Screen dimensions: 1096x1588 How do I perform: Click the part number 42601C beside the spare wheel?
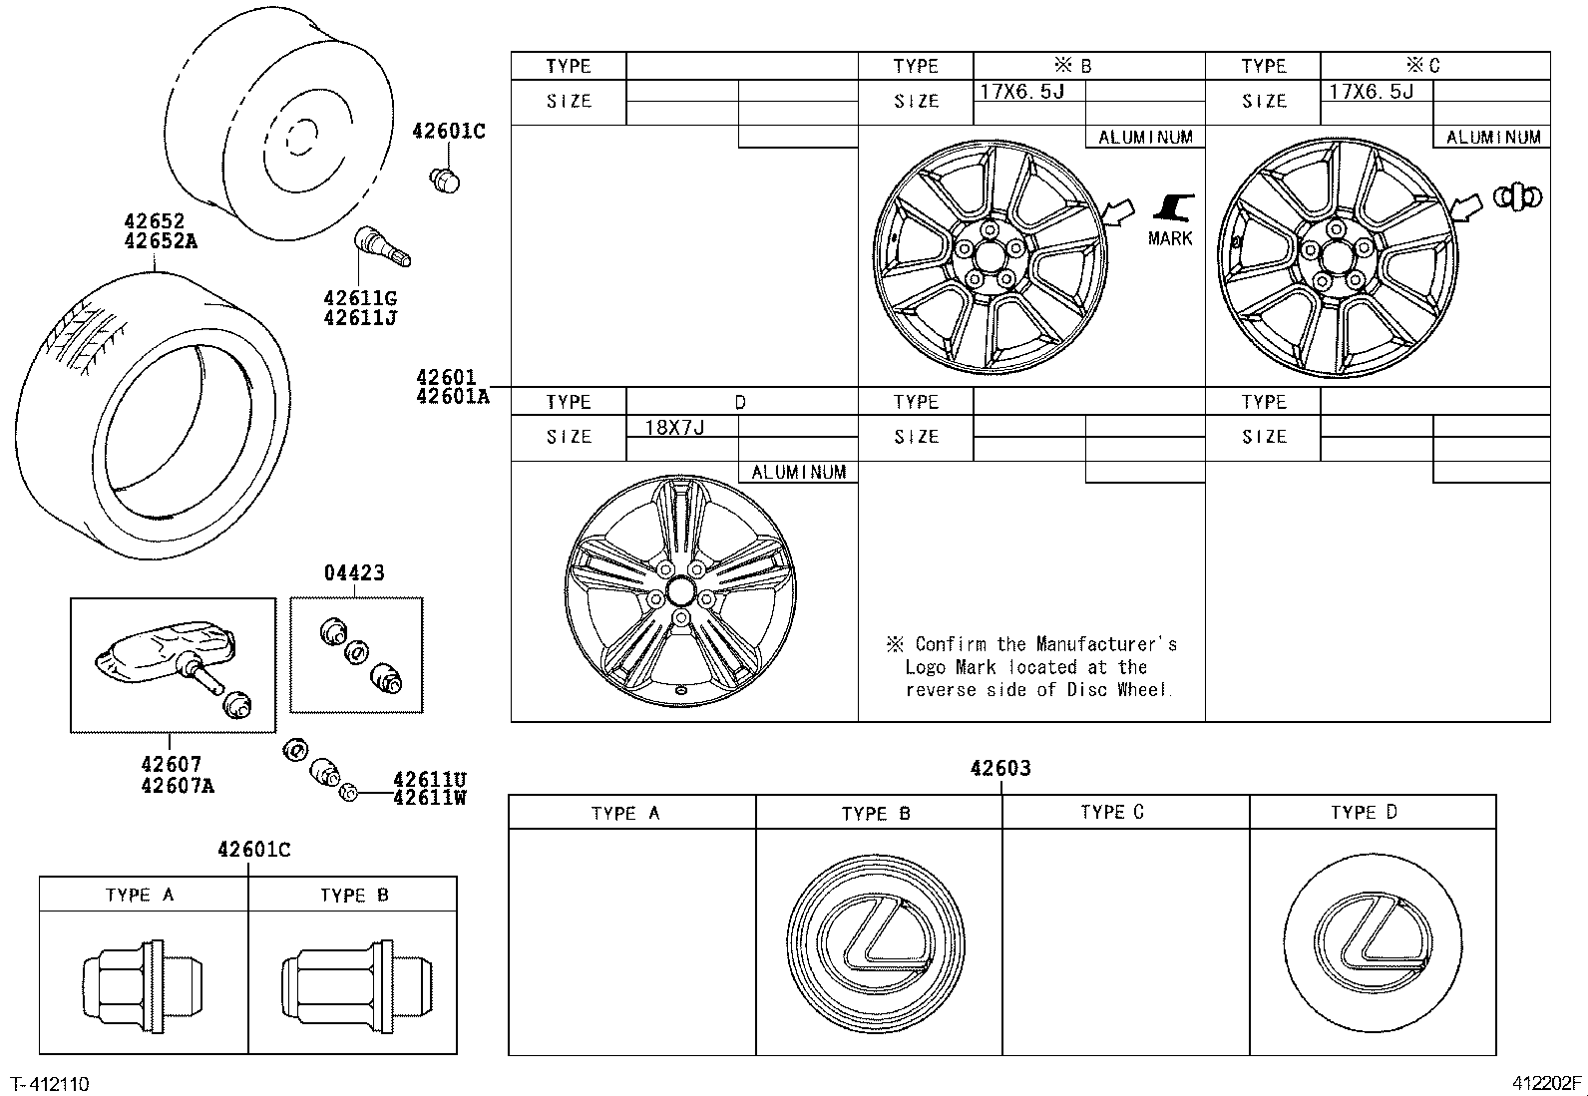tap(449, 131)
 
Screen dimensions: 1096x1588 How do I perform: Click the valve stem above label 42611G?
tap(381, 247)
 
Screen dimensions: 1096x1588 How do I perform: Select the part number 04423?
tap(354, 573)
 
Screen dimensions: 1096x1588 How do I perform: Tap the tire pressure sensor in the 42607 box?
tap(165, 658)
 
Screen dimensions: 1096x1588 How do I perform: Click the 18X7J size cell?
tap(675, 428)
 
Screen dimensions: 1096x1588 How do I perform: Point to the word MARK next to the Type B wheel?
tap(1170, 238)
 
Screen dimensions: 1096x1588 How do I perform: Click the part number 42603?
tap(1000, 769)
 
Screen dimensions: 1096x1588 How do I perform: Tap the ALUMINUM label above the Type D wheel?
tap(798, 473)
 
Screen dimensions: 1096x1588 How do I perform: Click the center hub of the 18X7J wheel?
tap(681, 590)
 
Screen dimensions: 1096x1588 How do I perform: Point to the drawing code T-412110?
tap(50, 1084)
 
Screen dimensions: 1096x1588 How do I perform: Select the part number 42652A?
tap(161, 240)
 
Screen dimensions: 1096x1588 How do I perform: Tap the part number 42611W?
tap(430, 797)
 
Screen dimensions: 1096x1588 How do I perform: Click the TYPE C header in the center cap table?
tap(1112, 813)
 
